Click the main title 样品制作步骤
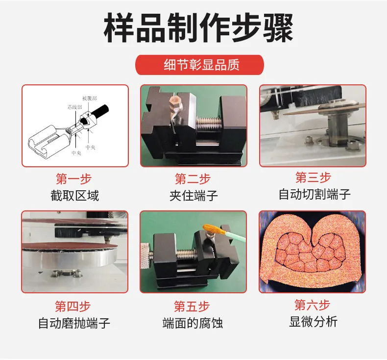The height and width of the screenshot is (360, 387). (198, 27)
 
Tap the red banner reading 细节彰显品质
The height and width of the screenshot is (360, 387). (200, 65)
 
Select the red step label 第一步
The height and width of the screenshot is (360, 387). (73, 179)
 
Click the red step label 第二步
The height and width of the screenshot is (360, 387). (193, 179)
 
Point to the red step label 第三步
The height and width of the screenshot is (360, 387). (313, 177)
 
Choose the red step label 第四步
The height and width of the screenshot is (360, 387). (73, 307)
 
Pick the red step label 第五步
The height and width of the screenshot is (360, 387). (192, 307)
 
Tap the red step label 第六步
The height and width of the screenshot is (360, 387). (312, 305)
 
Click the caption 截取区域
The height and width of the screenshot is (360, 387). (74, 196)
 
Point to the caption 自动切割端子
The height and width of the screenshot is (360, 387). (314, 194)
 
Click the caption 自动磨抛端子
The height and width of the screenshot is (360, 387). (74, 323)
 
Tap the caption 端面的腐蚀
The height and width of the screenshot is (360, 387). (193, 323)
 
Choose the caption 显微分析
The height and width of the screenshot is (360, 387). (313, 322)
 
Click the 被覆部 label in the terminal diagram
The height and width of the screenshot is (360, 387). (90, 99)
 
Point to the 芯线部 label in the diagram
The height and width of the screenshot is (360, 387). (75, 107)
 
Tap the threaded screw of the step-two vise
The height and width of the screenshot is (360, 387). (208, 124)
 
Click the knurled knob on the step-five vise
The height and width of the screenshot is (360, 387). (145, 256)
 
